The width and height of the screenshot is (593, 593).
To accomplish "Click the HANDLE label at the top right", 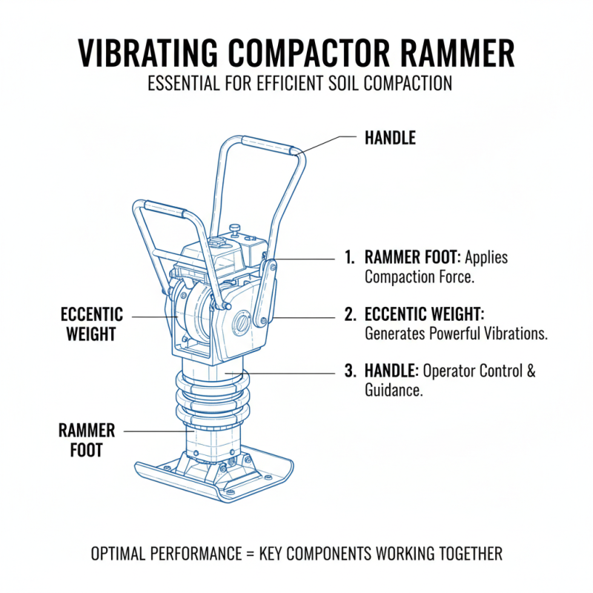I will [x=390, y=138].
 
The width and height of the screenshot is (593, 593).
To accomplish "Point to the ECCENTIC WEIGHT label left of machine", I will [x=92, y=325].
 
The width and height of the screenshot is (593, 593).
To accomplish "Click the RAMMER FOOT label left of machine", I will [x=87, y=440].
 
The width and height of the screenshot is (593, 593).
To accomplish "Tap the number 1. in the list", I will [x=350, y=258].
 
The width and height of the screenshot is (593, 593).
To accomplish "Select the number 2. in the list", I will [x=350, y=315].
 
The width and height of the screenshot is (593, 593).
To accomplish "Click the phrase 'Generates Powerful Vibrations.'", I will [x=456, y=334].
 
